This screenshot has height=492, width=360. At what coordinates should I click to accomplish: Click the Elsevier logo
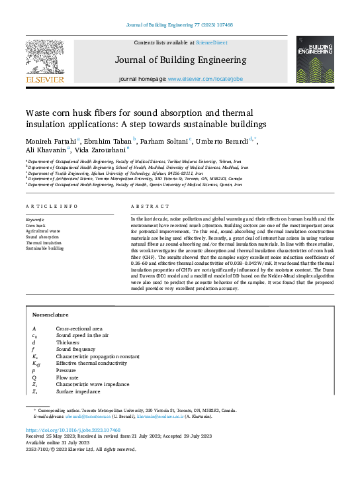(45, 60)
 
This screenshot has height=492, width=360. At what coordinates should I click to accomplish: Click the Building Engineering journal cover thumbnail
(315, 59)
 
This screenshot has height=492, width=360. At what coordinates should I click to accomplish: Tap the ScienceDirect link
(211, 42)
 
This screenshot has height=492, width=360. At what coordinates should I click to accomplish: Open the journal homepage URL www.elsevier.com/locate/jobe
(205, 79)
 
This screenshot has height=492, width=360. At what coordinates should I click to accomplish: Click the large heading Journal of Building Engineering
(179, 60)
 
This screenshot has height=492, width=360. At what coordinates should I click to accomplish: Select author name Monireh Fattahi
(51, 140)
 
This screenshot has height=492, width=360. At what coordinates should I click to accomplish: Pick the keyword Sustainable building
(45, 248)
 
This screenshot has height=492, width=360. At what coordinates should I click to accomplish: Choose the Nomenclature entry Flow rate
(67, 377)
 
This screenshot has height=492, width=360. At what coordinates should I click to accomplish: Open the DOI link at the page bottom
(73, 430)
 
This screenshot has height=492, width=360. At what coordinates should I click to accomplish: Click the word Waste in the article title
(38, 113)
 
